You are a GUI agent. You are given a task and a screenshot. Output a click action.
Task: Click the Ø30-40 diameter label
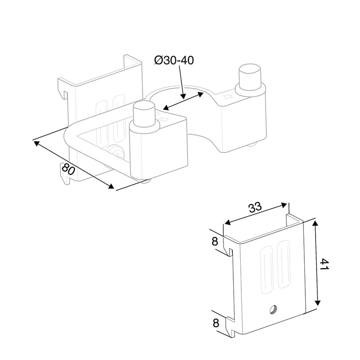click(174, 60)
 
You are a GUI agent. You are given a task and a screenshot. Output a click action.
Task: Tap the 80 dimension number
click(68, 169)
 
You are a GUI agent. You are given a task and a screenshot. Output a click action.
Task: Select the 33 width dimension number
click(255, 207)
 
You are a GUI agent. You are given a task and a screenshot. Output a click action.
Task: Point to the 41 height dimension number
click(324, 264)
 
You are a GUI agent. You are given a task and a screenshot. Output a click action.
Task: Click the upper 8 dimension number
click(215, 242)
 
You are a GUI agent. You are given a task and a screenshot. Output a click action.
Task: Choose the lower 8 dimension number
click(216, 323)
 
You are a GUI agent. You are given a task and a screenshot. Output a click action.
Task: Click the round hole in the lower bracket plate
click(273, 310)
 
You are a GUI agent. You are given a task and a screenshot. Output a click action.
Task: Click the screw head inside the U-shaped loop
click(116, 152)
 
